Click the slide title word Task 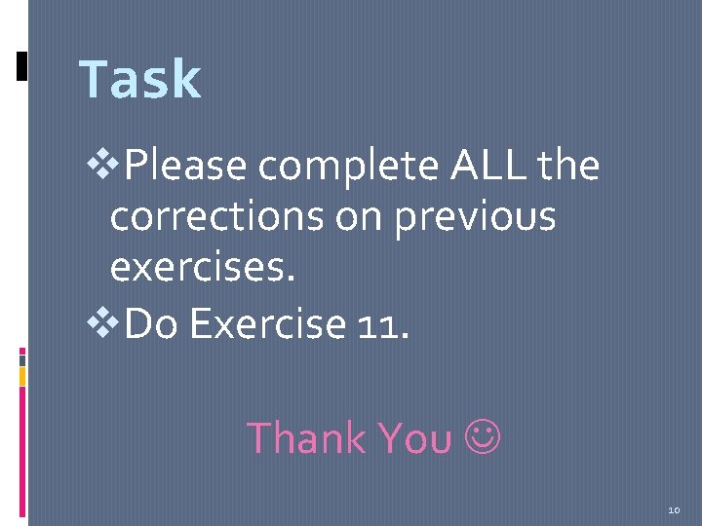139,80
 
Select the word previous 476,216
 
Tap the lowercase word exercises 202,266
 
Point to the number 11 384,323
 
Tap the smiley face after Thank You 484,439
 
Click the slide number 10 674,509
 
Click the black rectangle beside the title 22,65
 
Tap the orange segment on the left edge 22,374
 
